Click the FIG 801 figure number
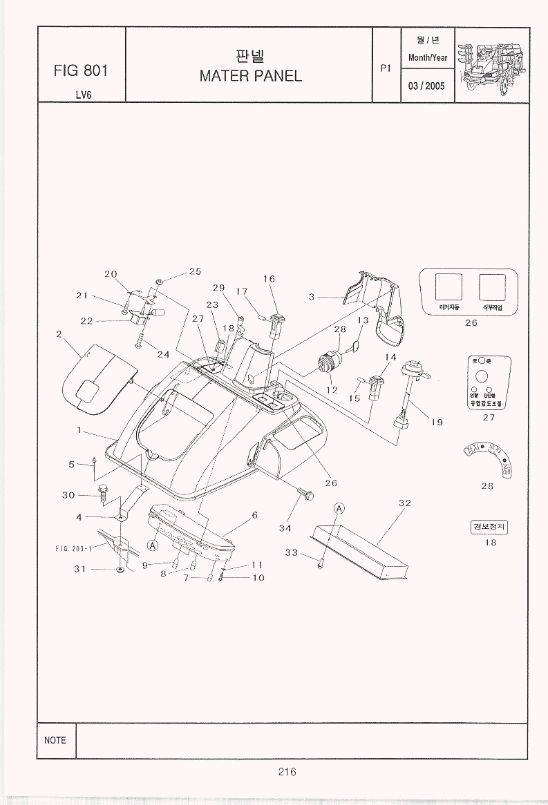(x=80, y=70)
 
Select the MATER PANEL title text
(x=250, y=76)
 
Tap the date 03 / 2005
(x=426, y=86)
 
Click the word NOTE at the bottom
(x=55, y=740)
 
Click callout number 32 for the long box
(x=405, y=503)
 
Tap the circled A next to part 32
(x=339, y=509)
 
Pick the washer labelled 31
(x=120, y=570)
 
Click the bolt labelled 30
(x=104, y=493)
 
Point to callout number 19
(x=437, y=423)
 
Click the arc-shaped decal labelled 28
(x=487, y=459)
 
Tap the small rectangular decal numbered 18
(x=489, y=527)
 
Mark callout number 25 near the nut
(x=195, y=271)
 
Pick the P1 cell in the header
(x=386, y=68)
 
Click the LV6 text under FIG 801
(x=80, y=95)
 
